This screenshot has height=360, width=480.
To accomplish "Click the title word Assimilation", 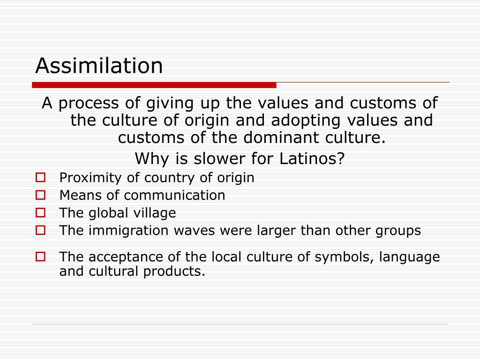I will (x=99, y=66).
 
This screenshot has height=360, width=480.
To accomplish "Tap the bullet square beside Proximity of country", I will (x=40, y=178).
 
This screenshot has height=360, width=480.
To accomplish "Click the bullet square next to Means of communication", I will (x=40, y=195).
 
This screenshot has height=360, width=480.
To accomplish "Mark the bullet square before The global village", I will (x=40, y=212).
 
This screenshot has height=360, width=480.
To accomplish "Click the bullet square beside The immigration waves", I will (x=40, y=230).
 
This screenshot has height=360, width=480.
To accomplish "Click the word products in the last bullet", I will (x=180, y=271).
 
